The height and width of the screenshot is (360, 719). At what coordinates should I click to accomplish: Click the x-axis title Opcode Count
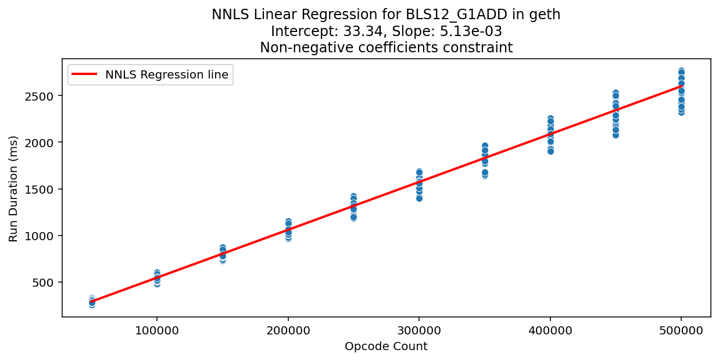click(386, 347)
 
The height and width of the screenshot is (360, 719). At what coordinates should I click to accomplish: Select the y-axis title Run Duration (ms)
click(14, 188)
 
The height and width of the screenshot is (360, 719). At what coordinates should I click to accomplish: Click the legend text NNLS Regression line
click(167, 74)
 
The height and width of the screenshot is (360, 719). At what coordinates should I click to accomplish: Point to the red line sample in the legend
click(85, 74)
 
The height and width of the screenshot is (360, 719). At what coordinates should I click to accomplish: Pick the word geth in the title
click(546, 15)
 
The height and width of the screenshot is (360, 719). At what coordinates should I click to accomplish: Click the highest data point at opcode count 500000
click(681, 71)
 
